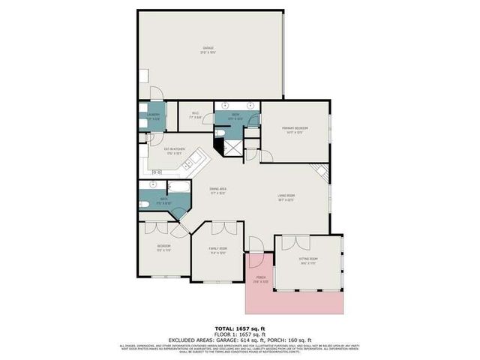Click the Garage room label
[x=208, y=49]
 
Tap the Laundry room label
[x=153, y=115]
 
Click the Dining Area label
[x=217, y=190]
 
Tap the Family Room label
[x=218, y=249]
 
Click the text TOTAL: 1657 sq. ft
[x=239, y=328]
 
